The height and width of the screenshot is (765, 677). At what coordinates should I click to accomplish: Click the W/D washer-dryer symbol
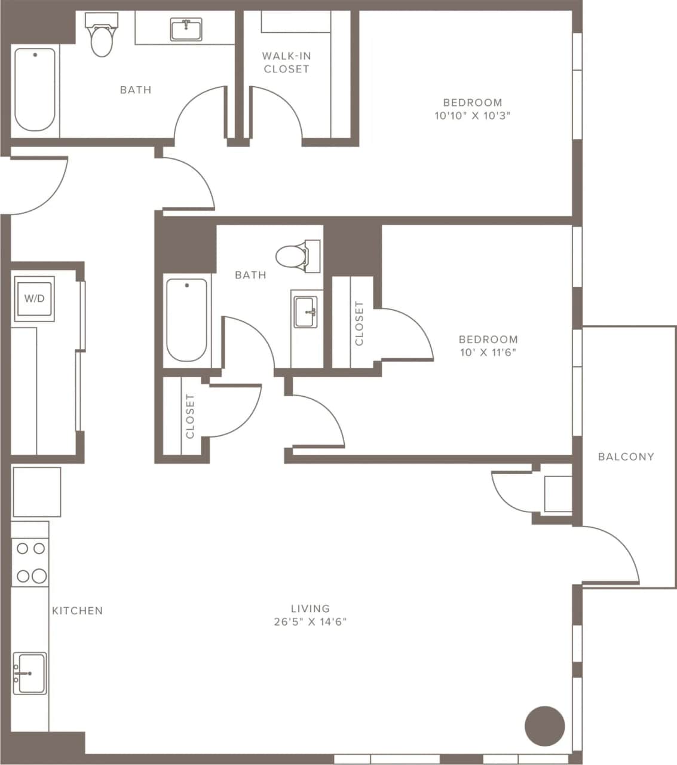(x=34, y=298)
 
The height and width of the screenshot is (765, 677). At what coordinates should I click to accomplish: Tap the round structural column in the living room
(x=544, y=726)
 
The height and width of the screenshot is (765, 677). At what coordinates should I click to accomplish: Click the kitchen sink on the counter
(x=29, y=674)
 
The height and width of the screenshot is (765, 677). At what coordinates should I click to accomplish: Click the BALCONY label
(x=626, y=457)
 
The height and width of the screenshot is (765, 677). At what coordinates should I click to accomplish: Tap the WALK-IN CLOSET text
(x=286, y=62)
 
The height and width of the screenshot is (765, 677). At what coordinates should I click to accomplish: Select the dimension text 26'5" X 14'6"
(x=310, y=622)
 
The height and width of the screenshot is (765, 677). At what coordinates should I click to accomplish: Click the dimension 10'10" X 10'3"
(x=472, y=115)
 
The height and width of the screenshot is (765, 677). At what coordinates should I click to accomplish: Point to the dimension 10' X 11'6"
(x=488, y=352)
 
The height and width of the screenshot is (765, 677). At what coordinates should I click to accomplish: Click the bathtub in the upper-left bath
(x=35, y=90)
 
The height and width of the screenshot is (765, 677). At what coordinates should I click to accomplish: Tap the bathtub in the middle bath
(x=187, y=320)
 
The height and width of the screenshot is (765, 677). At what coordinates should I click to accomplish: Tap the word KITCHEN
(x=77, y=611)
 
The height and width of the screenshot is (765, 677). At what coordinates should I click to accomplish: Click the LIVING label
(x=310, y=608)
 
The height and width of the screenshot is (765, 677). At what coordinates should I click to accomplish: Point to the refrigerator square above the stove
(x=36, y=492)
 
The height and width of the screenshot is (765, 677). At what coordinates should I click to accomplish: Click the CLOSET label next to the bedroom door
(x=359, y=323)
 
